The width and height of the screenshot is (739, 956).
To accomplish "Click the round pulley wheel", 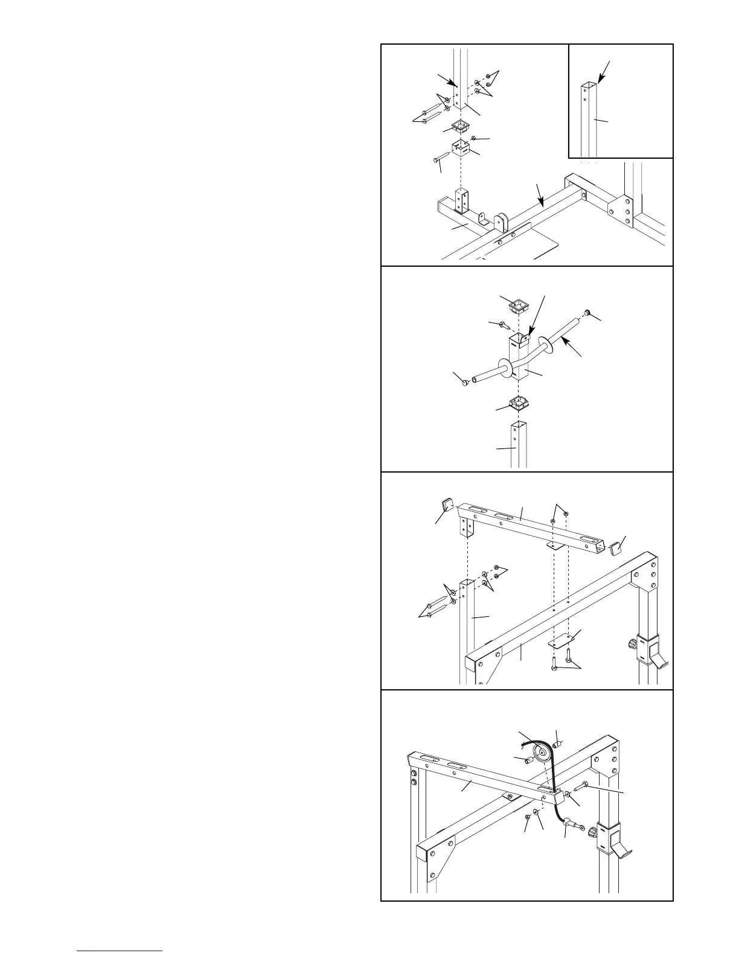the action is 542,752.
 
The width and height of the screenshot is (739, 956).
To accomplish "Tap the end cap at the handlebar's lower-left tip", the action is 465,381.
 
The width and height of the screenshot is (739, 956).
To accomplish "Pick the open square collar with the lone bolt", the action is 461,148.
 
